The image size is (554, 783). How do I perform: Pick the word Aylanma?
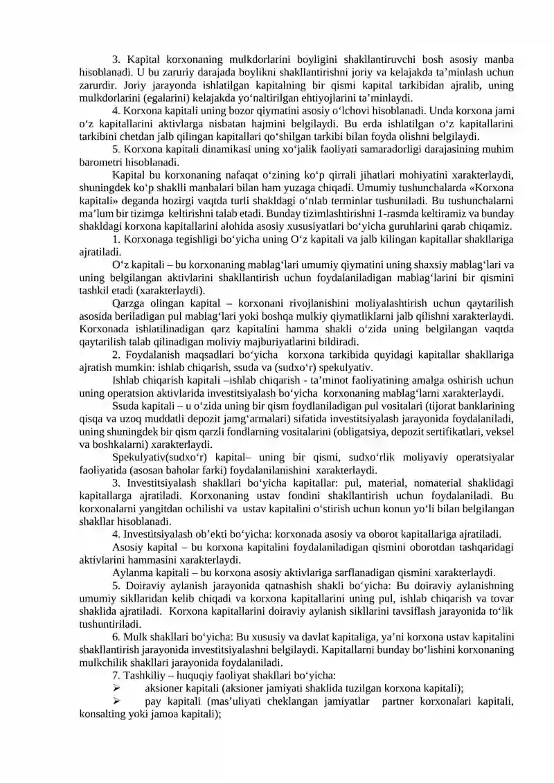point(132,572)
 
